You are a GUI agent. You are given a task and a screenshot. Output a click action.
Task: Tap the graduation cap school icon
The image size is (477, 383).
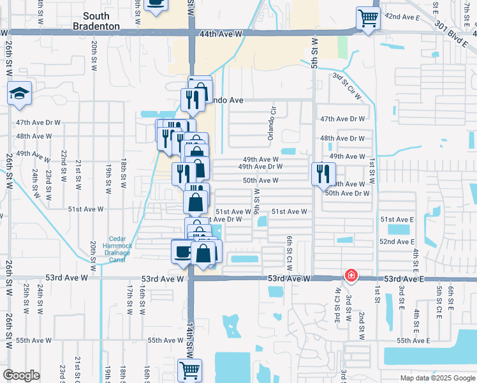coord(20,94)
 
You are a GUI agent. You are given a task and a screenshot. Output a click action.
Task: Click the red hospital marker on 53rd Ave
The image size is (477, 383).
coord(350,276)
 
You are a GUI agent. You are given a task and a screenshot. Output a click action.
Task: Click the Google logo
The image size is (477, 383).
coord(21,375)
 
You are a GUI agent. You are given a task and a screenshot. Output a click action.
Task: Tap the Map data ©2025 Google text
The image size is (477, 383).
coord(437,378)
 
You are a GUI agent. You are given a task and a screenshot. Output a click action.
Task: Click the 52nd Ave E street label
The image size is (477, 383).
coord(397,242)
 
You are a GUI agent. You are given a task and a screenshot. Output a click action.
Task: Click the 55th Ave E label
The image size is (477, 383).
coord(414,341)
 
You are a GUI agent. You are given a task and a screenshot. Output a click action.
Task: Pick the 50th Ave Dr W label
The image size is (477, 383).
coord(348,193)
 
